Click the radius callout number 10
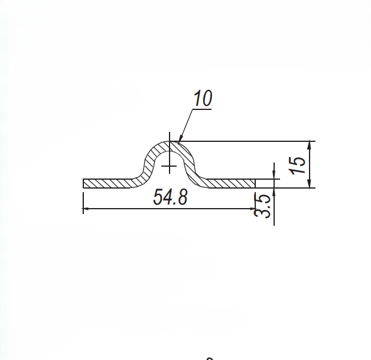pos(202,99)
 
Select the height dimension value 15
pos(298,164)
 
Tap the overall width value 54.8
pos(170,197)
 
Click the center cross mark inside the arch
pos(170,166)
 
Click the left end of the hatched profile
pos(84,183)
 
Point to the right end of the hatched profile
pos(255,183)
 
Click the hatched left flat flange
pos(109,183)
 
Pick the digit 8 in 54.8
pos(183,197)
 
